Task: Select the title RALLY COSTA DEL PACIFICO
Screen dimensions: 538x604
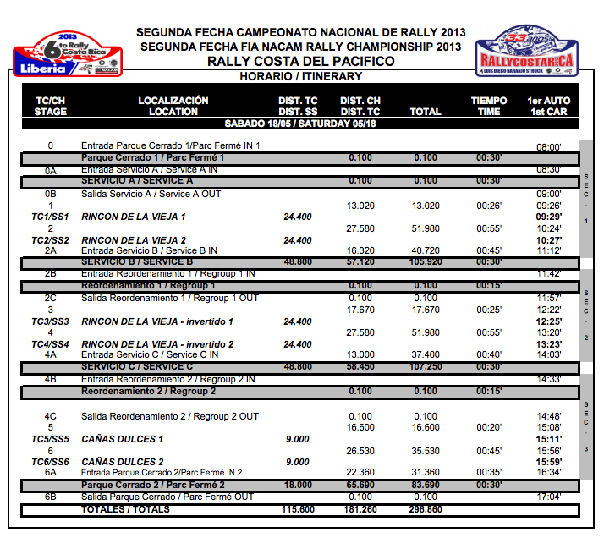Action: click(300, 62)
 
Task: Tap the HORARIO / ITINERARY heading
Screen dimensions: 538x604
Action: click(300, 76)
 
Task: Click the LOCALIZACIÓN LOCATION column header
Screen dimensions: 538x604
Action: click(173, 106)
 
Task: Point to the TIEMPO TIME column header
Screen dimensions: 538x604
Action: click(488, 106)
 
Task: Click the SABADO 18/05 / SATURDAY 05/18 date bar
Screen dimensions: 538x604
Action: click(300, 124)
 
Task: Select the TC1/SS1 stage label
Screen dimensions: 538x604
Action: click(49, 217)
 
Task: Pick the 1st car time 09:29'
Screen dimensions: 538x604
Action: click(549, 217)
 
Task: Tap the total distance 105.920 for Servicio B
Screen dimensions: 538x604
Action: click(425, 262)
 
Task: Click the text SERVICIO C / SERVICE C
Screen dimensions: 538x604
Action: click(137, 366)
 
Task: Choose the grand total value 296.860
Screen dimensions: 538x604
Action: click(425, 510)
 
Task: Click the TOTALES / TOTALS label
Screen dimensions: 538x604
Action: click(125, 510)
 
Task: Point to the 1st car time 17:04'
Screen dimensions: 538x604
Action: click(549, 497)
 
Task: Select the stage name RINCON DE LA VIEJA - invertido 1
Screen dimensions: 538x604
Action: click(156, 321)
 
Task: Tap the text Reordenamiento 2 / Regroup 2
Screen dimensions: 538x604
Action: click(148, 392)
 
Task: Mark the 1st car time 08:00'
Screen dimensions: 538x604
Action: click(549, 146)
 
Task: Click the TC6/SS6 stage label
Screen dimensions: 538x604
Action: click(49, 462)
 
